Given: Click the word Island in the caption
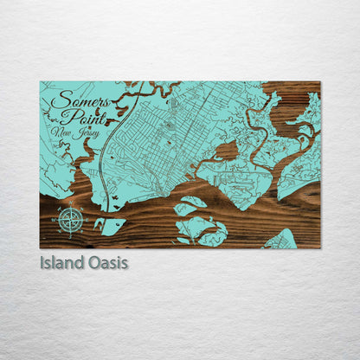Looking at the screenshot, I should (x=59, y=262).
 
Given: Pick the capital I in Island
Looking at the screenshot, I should (x=42, y=262).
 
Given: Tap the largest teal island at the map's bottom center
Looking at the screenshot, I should (x=201, y=230).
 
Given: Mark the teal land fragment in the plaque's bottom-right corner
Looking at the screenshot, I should (x=282, y=240).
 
